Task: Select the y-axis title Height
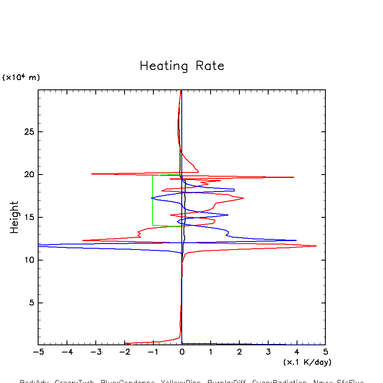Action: [x=14, y=217]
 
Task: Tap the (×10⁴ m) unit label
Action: [x=21, y=78]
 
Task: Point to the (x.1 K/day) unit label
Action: [x=307, y=362]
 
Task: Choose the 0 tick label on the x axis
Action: [x=182, y=352]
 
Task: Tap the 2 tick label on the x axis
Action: [x=239, y=352]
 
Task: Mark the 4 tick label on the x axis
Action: [x=297, y=352]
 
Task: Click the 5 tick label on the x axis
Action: [x=325, y=352]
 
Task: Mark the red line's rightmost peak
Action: [x=316, y=246]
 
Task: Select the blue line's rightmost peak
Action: [x=296, y=240]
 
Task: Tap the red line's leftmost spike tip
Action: [x=83, y=240]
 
